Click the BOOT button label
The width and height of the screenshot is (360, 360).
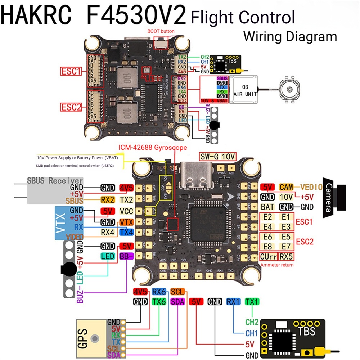click(161, 31)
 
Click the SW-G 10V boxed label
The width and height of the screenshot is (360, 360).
click(217, 157)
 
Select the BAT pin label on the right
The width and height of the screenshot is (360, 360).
click(267, 207)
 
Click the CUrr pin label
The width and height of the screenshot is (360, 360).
click(268, 257)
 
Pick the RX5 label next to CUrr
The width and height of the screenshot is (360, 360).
click(286, 257)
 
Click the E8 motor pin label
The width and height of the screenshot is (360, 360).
click(268, 247)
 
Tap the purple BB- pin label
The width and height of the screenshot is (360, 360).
click(126, 256)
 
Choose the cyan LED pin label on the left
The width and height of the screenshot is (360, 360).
click(107, 256)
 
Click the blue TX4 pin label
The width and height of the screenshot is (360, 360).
click(126, 233)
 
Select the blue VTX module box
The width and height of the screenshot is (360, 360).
click(69, 223)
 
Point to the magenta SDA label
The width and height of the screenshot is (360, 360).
click(177, 302)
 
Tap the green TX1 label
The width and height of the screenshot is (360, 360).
click(252, 302)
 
